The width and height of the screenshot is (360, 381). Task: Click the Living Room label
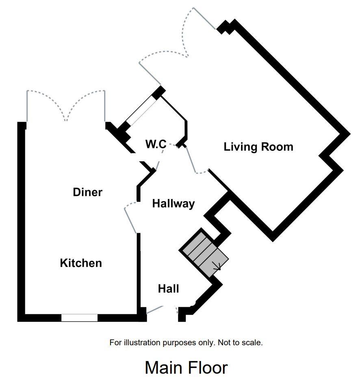click(x=258, y=147)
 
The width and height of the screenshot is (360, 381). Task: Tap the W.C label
click(x=156, y=144)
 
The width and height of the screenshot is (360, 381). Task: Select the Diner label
click(x=87, y=192)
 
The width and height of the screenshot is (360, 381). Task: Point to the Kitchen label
click(x=81, y=263)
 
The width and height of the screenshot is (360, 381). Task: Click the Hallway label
click(x=173, y=203)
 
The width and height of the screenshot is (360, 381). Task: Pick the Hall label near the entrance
click(x=169, y=289)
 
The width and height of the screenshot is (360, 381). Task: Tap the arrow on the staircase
click(x=217, y=266)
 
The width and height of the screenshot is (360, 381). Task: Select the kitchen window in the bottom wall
click(x=79, y=318)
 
